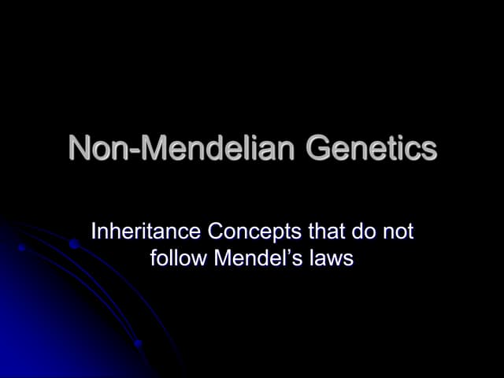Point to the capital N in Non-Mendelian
pos(80,148)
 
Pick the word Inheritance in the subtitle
pos(144,232)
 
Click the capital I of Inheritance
pos(94,232)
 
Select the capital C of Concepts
pos(212,232)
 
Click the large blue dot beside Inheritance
pos(73,244)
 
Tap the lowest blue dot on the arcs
pos(138,343)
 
